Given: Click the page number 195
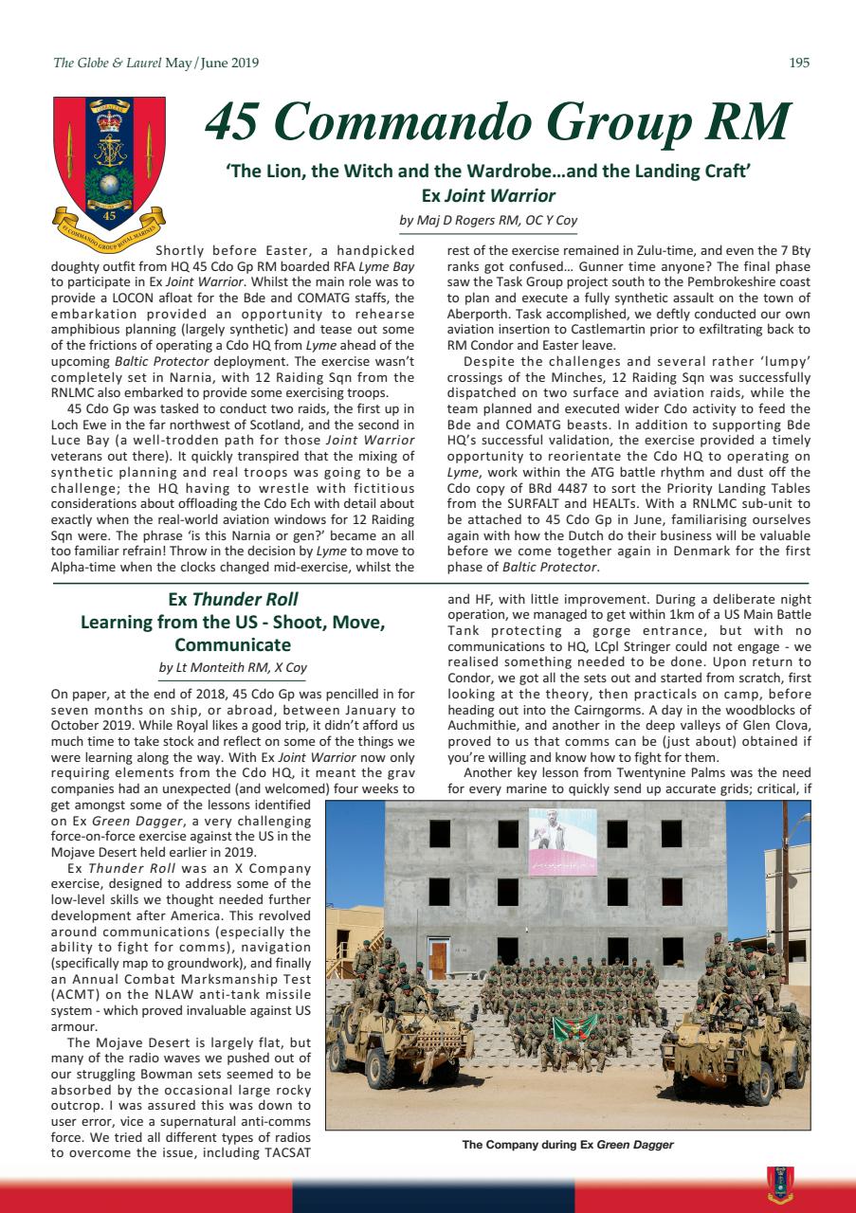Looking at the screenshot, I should tap(798, 63).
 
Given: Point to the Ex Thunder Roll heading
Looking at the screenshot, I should tap(232, 599).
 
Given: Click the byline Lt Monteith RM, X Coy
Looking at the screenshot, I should tap(232, 667).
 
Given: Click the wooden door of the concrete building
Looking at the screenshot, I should tap(437, 959).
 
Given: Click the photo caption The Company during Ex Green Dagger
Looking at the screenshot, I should tap(567, 1145).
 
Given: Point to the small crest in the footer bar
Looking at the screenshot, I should tap(778, 1183).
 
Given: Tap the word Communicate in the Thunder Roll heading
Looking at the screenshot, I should tap(232, 644).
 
